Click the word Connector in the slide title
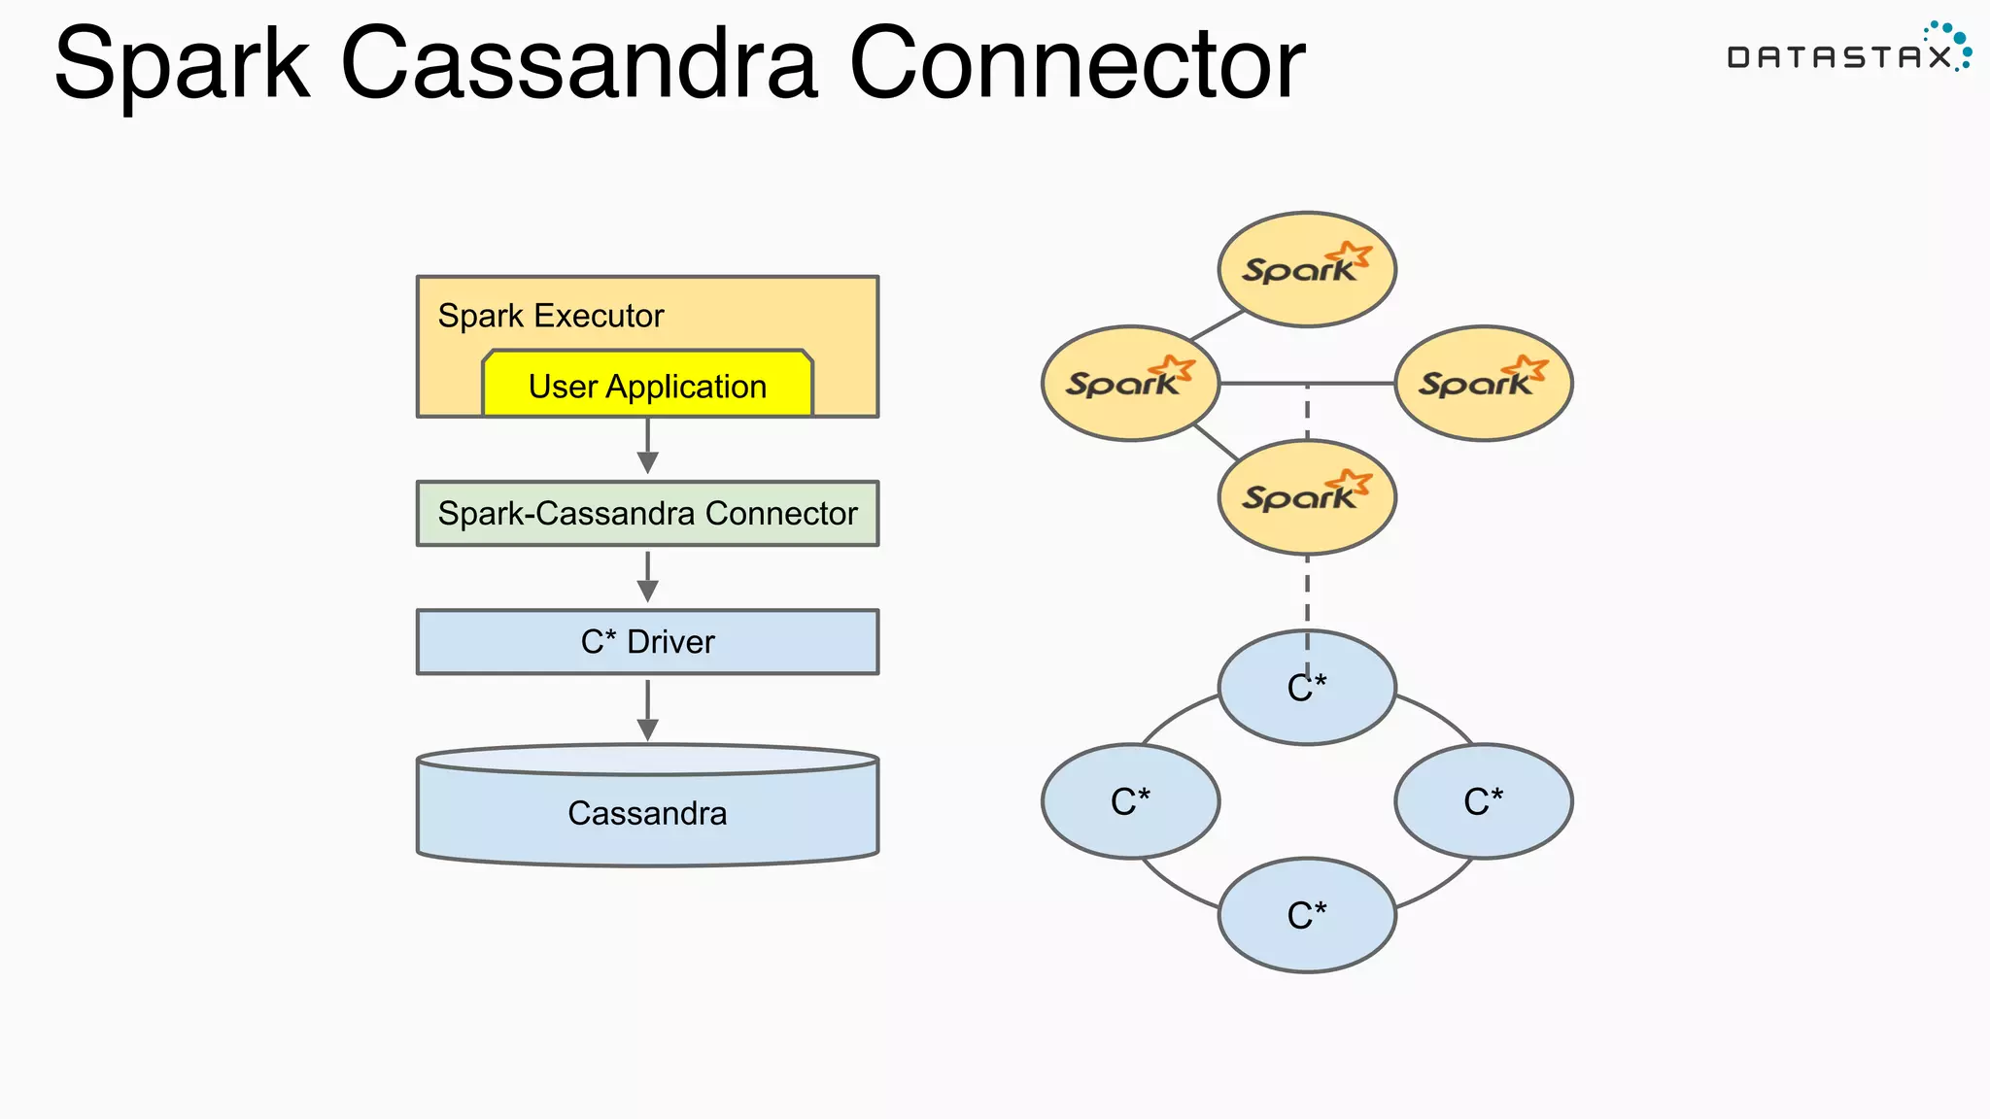[x=1077, y=64]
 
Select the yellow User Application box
[x=647, y=386]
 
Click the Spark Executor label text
[x=550, y=316]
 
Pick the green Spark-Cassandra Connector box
[x=647, y=513]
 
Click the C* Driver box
[x=647, y=642]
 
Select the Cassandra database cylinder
[x=647, y=811]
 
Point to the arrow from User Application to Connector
[x=647, y=447]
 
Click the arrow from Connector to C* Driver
[x=647, y=577]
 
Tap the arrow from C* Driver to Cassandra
[x=647, y=710]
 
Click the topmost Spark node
[x=1307, y=269]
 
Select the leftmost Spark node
[x=1130, y=383]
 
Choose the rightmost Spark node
[x=1484, y=383]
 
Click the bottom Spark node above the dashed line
[x=1307, y=497]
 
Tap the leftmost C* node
[x=1130, y=801]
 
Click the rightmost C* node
[x=1484, y=801]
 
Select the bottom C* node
[x=1307, y=915]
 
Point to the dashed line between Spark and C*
[x=1307, y=593]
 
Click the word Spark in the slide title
[x=182, y=64]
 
